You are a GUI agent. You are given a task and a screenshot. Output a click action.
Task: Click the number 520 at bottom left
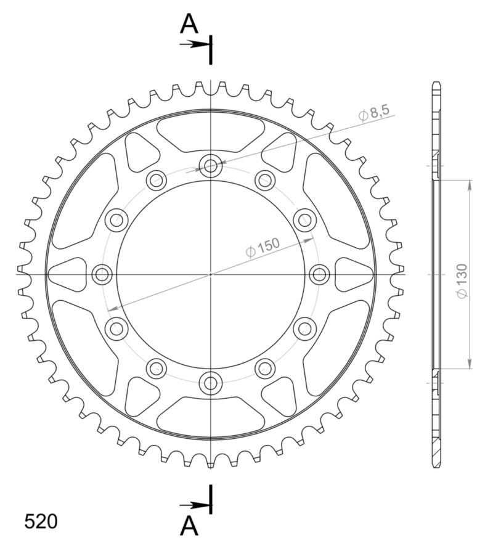41,521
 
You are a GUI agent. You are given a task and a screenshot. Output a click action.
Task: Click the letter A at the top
189,24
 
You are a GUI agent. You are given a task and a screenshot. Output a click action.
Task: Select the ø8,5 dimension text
373,113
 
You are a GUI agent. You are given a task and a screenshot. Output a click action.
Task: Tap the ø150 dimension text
262,247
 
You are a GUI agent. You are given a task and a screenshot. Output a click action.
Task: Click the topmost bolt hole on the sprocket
211,165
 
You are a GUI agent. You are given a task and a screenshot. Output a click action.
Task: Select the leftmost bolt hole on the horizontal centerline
102,274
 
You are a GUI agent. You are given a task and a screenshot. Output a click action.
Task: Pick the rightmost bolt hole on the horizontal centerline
319,274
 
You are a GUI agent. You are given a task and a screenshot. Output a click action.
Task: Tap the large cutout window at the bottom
211,417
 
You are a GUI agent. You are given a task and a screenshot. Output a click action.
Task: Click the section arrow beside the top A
196,44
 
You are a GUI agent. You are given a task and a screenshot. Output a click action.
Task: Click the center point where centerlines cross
211,274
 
